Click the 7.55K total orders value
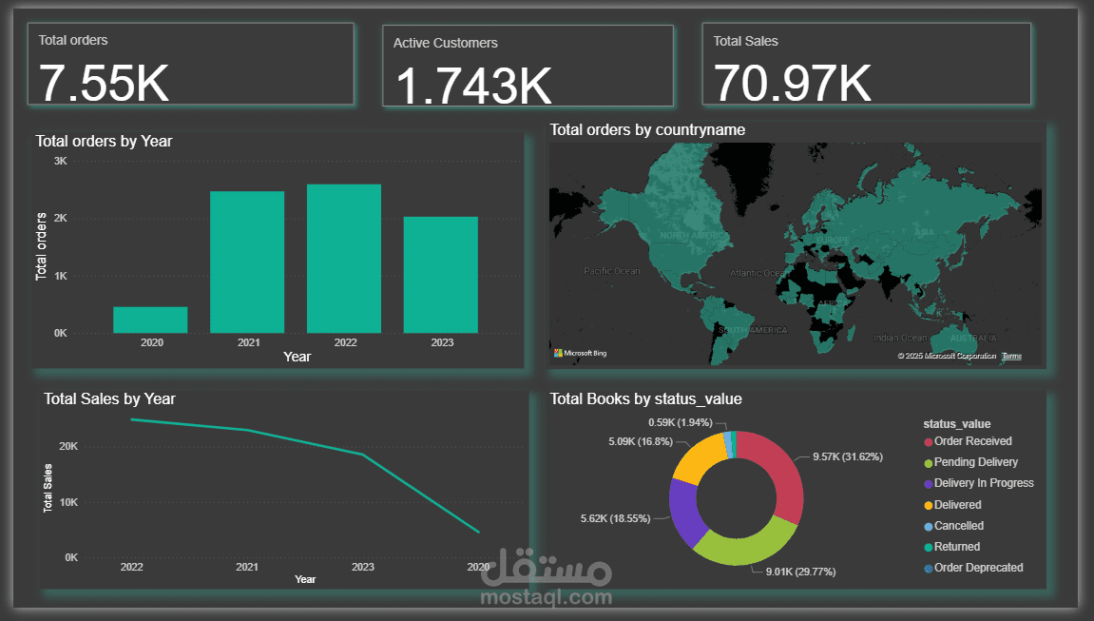click(105, 83)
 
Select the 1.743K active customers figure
click(472, 85)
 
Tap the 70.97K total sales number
click(793, 82)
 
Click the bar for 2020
click(150, 320)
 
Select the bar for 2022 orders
click(343, 259)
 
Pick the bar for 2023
click(440, 275)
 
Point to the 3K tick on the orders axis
click(60, 162)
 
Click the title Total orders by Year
click(104, 141)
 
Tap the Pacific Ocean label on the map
click(612, 271)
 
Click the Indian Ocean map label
click(899, 338)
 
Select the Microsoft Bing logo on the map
click(580, 354)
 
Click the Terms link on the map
click(1011, 356)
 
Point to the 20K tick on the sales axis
click(68, 446)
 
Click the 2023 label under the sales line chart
click(362, 567)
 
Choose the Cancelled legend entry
click(958, 526)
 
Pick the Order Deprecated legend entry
click(978, 568)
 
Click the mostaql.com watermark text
click(547, 598)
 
